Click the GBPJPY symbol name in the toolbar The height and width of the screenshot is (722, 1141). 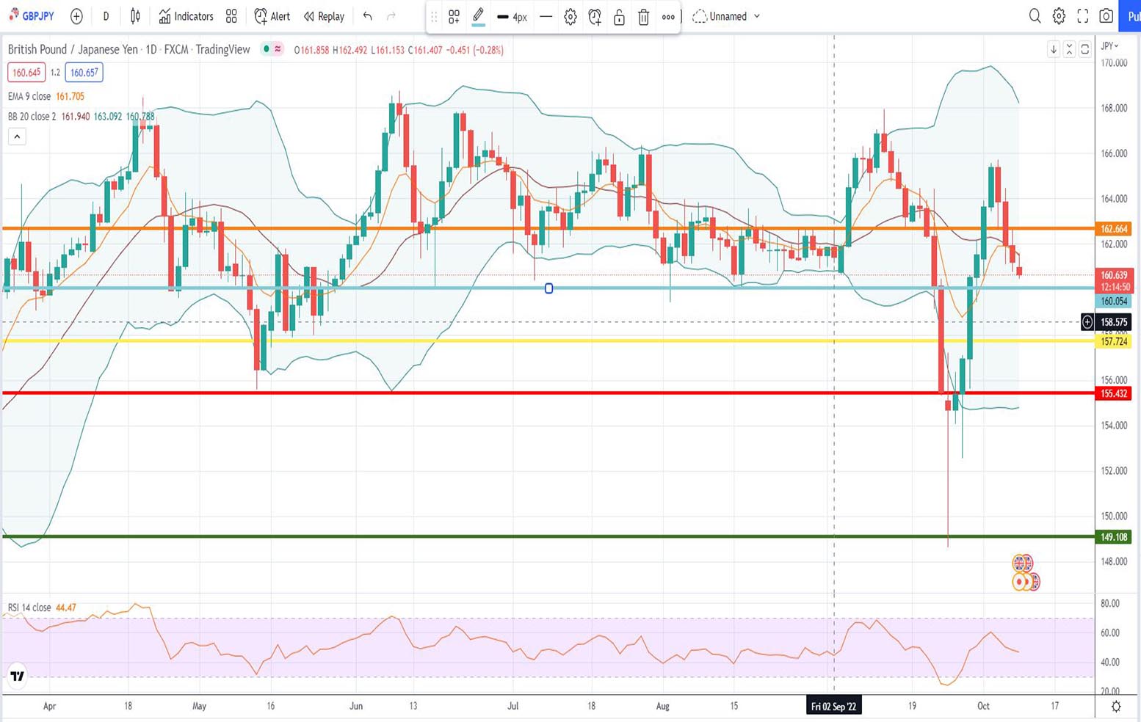[x=37, y=16]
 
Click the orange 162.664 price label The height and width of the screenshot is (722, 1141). [x=1113, y=229]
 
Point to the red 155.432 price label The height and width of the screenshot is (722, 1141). [x=1113, y=393]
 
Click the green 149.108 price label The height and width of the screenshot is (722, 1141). [x=1113, y=537]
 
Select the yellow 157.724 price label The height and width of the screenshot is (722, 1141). [x=1113, y=342]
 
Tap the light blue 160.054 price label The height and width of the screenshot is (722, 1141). [x=1113, y=301]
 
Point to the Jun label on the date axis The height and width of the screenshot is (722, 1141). [x=356, y=706]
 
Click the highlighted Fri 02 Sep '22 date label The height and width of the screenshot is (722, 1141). [x=833, y=707]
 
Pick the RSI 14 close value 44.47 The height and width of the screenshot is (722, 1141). [x=66, y=608]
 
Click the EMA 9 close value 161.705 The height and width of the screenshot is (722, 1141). [x=70, y=96]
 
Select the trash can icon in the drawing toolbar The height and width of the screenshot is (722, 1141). [x=643, y=17]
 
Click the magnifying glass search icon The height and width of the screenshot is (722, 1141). [x=1035, y=16]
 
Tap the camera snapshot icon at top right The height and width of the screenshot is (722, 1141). [x=1106, y=16]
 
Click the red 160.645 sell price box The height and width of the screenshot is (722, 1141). [x=26, y=73]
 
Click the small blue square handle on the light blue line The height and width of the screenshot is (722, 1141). [x=548, y=288]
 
